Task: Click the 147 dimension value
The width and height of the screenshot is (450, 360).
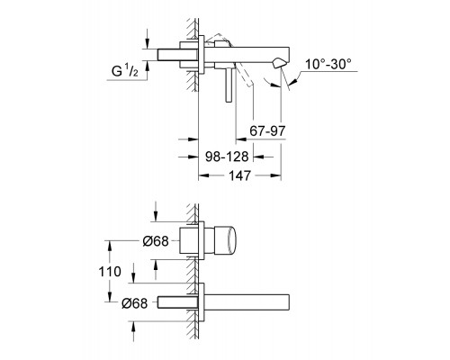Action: pos(239,175)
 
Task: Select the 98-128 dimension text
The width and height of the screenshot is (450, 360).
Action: pos(227,157)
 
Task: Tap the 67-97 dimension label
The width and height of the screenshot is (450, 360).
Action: pos(267,130)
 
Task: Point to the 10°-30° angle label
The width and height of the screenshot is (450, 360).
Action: pos(328,64)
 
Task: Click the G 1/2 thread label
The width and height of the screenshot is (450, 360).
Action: pos(125,70)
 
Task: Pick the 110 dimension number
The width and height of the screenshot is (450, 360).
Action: pos(110,272)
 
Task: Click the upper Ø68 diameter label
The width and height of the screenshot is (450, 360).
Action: pos(156,241)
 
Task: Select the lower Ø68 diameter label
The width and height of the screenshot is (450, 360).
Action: pos(135,303)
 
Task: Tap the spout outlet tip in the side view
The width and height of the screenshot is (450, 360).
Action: pos(278,63)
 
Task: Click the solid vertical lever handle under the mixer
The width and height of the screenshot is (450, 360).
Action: pos(229,85)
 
